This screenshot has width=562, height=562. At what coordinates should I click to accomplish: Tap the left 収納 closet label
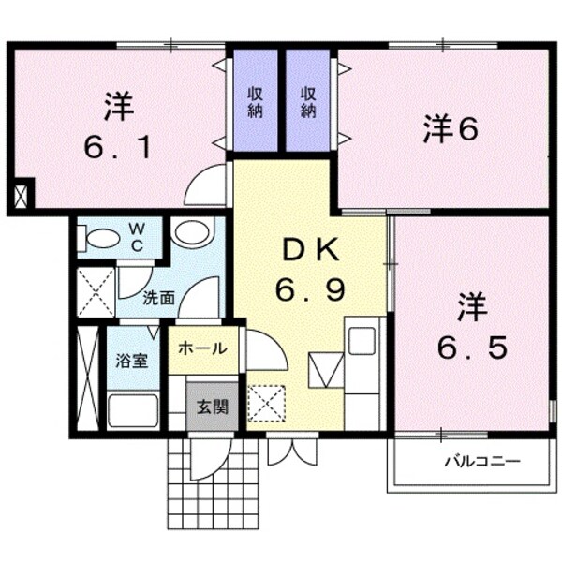[x=255, y=100]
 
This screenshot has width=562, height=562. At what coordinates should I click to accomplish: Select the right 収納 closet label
[x=308, y=100]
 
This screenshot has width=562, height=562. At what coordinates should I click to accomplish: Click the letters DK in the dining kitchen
[x=308, y=251]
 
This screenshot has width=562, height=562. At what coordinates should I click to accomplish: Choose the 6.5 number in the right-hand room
[x=473, y=347]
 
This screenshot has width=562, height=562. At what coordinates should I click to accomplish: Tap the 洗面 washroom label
[x=158, y=299]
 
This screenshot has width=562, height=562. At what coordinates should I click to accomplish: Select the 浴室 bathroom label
[x=132, y=361]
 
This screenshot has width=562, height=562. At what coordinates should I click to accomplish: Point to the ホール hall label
[x=202, y=348]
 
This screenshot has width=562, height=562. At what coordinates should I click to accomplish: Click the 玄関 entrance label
[x=211, y=407]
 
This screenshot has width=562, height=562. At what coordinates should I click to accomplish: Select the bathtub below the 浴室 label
[x=134, y=409]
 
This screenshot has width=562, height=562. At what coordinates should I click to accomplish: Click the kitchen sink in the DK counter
[x=362, y=341]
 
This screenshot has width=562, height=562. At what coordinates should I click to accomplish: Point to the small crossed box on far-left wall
[x=21, y=196]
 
